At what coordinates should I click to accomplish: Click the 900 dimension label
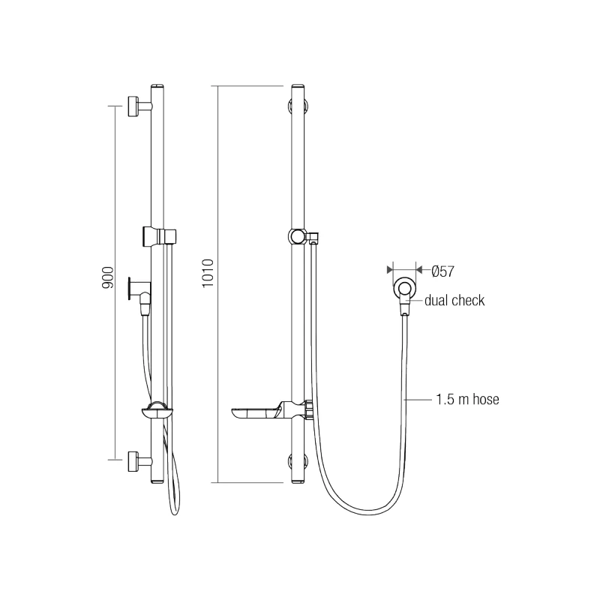click(107, 279)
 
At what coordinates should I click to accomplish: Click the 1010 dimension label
click(208, 273)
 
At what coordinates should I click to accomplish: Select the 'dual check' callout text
click(454, 301)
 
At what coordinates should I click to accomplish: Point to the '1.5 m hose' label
click(466, 400)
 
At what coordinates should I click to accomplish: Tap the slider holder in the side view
click(159, 235)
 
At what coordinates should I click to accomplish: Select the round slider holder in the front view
click(298, 237)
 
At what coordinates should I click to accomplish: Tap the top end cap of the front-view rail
click(298, 87)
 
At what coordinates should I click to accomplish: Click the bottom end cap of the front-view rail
click(298, 481)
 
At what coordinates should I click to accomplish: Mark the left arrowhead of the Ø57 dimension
click(388, 268)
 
